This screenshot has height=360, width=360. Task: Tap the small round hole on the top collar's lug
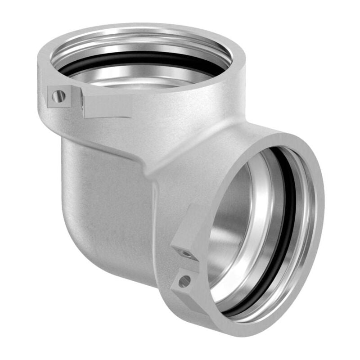(58, 95)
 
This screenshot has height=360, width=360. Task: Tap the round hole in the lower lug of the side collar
(184, 282)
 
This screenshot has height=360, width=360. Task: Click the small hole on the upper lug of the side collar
(185, 254)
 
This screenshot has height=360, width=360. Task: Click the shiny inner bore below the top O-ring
(135, 79)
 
